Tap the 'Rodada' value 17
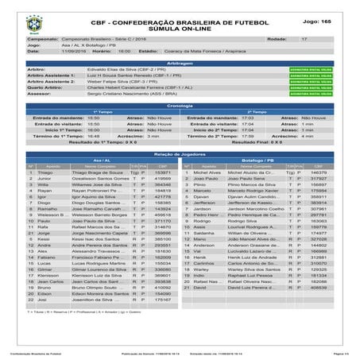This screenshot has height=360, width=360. [x=304, y=37]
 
